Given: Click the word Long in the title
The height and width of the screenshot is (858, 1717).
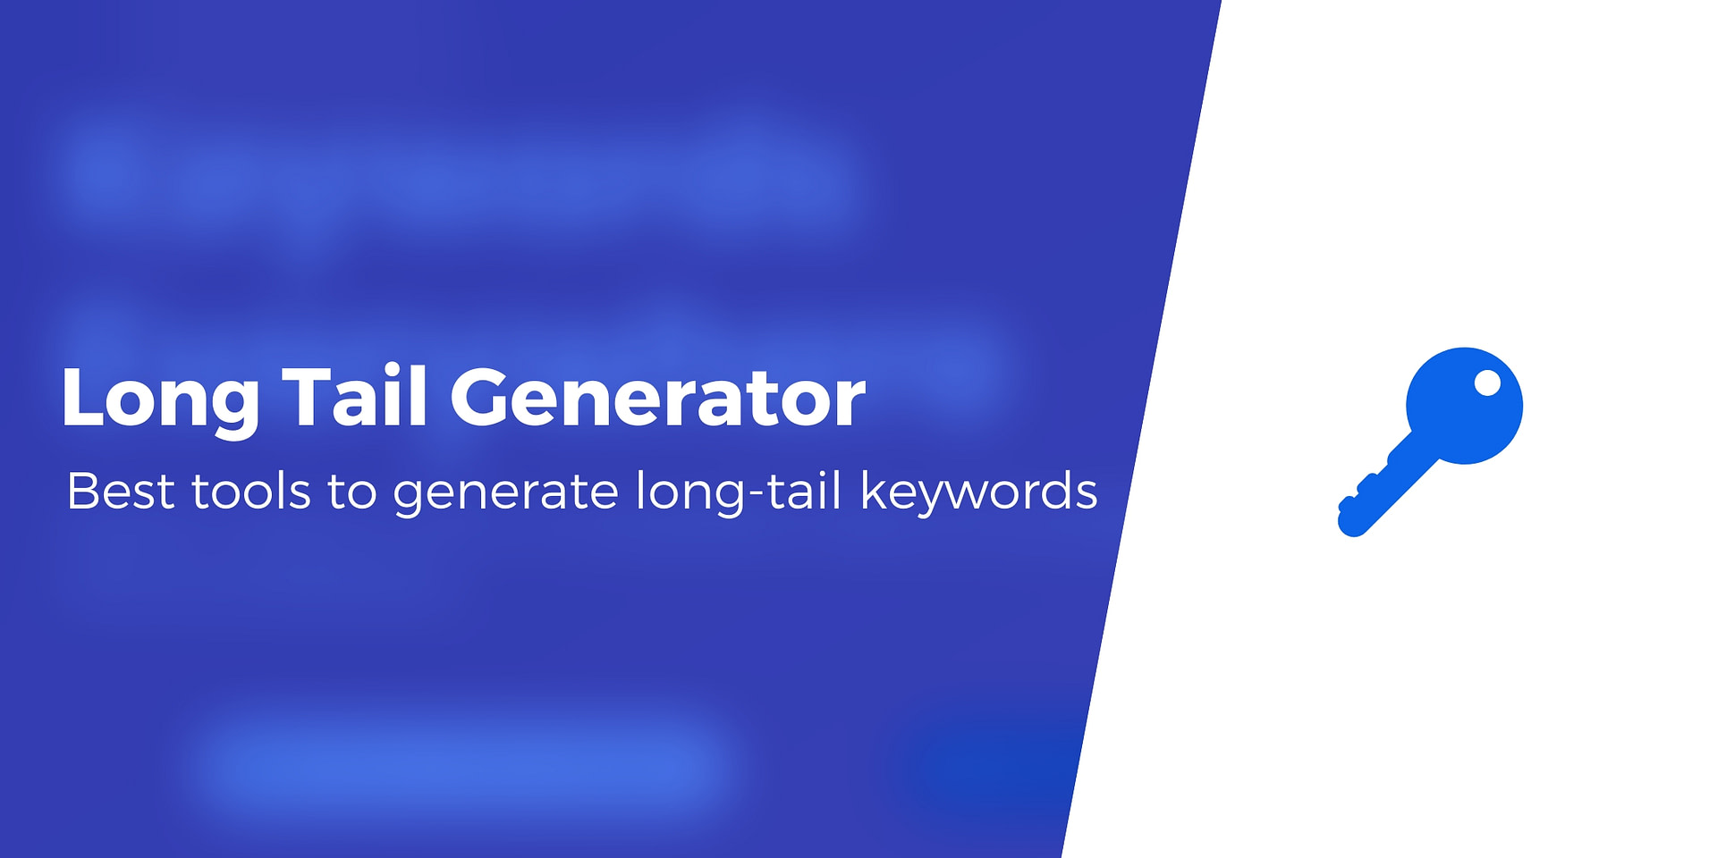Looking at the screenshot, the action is (x=160, y=400).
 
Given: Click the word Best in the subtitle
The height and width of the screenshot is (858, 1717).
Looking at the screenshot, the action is (x=120, y=491).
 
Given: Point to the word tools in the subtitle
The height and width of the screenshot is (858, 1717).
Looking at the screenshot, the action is (x=250, y=491).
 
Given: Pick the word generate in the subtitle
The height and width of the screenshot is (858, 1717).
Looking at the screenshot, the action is (x=505, y=494).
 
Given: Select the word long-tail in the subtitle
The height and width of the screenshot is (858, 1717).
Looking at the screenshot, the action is (x=739, y=492).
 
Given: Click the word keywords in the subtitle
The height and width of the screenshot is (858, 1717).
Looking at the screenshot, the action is (x=978, y=492).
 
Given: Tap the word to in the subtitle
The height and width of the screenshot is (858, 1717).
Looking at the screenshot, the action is (x=352, y=492).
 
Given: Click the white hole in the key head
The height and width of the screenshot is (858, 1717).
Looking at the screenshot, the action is (x=1487, y=383).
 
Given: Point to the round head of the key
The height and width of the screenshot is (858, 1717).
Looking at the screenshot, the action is (x=1464, y=406).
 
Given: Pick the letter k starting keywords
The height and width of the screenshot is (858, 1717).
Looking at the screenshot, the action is (x=873, y=490).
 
